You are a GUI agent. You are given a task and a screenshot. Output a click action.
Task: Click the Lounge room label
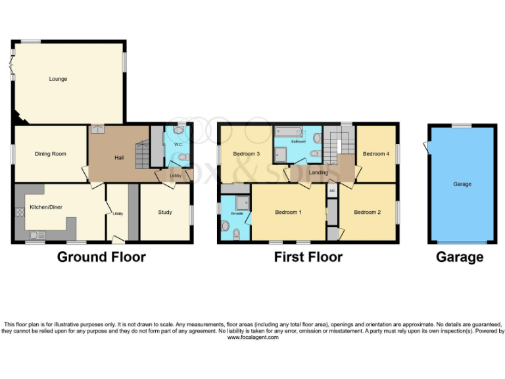point(58,79)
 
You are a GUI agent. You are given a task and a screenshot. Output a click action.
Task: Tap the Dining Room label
point(51,154)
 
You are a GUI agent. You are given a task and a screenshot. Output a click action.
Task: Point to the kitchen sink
point(34,234)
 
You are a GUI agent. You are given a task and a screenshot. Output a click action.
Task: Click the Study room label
point(165,212)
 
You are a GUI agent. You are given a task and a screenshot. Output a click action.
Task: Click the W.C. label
point(178,144)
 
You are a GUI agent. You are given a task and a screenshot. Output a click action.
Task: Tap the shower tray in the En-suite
point(241,202)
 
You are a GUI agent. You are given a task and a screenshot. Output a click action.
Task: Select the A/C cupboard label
point(332,191)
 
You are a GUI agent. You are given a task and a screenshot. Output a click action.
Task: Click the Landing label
point(318,172)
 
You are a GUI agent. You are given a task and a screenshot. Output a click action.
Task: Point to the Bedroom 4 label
point(375,154)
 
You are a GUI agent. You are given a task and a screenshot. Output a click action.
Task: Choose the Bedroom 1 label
point(288,212)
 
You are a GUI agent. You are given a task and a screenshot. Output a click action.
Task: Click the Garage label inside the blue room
point(462,184)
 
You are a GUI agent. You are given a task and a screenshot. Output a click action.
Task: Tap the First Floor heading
point(308,257)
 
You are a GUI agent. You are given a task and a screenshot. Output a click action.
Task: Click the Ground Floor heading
point(101,257)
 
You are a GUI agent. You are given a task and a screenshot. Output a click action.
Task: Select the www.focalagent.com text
point(253,338)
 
